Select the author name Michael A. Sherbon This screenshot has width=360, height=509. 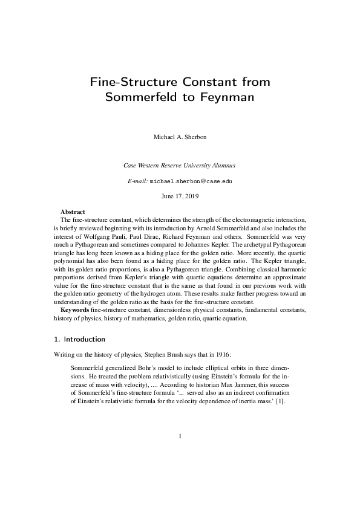[180, 137]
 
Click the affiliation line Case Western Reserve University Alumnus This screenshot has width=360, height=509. [180, 165]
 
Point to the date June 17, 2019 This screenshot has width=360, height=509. [180, 196]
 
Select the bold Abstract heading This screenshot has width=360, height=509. [73, 212]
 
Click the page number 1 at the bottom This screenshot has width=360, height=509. [180, 452]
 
